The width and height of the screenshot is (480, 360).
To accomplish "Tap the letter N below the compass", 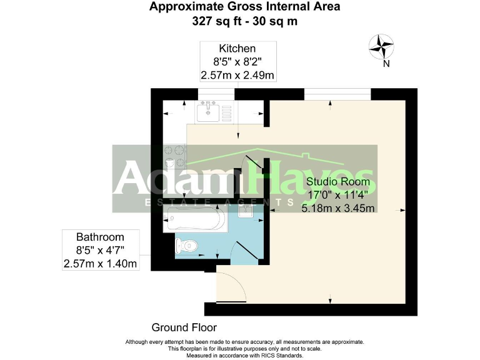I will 386,63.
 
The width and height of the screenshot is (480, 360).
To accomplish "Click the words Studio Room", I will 337,182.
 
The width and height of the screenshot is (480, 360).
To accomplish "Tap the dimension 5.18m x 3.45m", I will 337,208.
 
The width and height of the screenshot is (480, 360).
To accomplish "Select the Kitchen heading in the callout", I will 237,48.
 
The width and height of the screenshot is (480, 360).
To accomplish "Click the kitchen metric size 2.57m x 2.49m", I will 237,75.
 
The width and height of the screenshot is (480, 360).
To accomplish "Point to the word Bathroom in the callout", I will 100,237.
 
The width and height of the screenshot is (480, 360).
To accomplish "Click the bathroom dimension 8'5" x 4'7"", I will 100,251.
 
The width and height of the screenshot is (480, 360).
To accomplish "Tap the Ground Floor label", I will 184,327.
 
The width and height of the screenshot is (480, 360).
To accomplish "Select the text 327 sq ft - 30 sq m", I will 244,21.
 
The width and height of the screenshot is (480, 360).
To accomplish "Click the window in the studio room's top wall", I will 337,94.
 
